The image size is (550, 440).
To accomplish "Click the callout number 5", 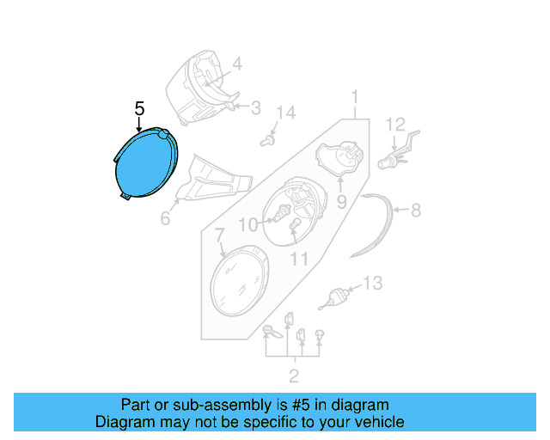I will (x=140, y=109).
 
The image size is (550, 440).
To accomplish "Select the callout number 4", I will (x=236, y=63).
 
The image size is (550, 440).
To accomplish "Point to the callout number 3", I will (x=255, y=107).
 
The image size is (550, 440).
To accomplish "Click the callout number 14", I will (x=285, y=113).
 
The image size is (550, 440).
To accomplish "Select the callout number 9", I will (x=340, y=203).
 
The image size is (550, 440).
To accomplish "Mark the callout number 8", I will (x=415, y=209).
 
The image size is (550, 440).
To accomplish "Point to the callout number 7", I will (x=219, y=234).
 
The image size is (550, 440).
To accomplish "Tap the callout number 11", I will (x=298, y=258).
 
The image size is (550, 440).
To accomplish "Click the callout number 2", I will (x=294, y=375).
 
